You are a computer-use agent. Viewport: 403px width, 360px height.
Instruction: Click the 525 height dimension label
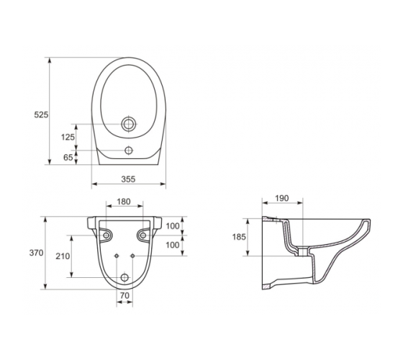pos(41,114)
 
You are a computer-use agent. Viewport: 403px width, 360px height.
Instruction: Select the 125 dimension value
pos(68,138)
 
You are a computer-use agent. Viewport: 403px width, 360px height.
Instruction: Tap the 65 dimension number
pos(68,158)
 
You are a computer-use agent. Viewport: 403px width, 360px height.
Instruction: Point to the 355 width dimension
pos(128,179)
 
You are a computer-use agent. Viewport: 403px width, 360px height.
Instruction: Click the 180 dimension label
pos(124,202)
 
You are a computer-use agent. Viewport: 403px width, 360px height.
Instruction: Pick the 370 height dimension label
pos(36,253)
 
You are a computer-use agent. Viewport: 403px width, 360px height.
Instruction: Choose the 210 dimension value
pos(63,256)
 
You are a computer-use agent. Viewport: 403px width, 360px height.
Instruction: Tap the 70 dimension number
pos(124,296)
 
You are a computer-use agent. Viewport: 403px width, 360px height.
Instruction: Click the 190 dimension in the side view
pos(282,198)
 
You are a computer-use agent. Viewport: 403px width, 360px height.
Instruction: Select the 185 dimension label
pos(239,237)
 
